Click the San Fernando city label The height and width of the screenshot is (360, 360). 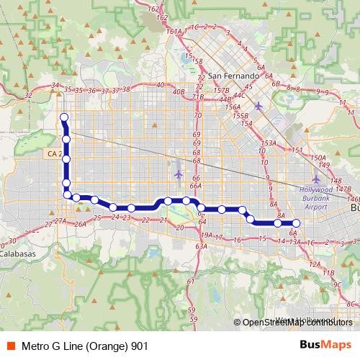pyautogui.click(x=232, y=76)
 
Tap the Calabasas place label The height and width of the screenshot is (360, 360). pyautogui.click(x=17, y=253)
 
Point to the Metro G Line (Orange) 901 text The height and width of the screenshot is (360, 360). pyautogui.click(x=85, y=346)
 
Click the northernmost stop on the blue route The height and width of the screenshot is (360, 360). pyautogui.click(x=63, y=117)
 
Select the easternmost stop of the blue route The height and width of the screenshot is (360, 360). pyautogui.click(x=294, y=223)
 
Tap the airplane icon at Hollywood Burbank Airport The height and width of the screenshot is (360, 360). pyautogui.click(x=318, y=178)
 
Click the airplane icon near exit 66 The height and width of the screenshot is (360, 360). pyautogui.click(x=179, y=175)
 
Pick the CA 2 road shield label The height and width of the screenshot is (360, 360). pyautogui.click(x=52, y=153)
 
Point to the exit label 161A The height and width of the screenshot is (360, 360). pyautogui.click(x=174, y=31)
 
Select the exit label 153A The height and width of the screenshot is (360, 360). pyautogui.click(x=269, y=143)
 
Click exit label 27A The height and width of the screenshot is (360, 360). pyautogui.click(x=60, y=221)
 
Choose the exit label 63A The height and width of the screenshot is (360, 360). pyautogui.click(x=202, y=246)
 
